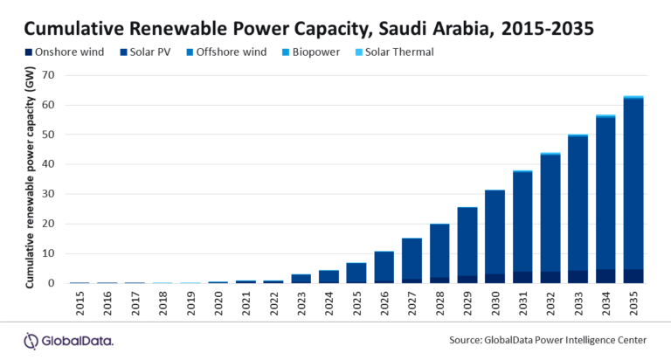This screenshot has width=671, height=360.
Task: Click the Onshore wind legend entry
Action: (52, 52)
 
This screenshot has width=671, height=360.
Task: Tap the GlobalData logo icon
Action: (31, 340)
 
